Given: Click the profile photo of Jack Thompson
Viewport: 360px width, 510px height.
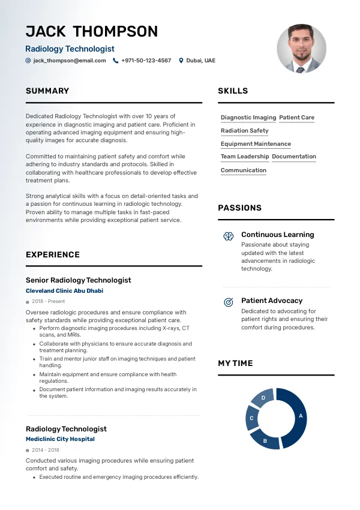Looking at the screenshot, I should [301, 49].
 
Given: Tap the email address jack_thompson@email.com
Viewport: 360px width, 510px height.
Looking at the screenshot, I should [70, 61].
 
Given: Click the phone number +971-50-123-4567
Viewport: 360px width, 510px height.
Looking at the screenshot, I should [146, 61].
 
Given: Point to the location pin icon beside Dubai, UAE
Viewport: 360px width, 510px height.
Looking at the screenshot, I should [181, 61].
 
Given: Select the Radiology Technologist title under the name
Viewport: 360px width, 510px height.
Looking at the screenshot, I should [70, 49].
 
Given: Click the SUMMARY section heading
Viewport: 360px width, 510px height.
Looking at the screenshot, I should [47, 91].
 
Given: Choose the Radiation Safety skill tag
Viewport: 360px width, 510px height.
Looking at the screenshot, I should [244, 131].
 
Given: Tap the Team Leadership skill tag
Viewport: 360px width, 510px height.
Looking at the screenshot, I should [245, 157].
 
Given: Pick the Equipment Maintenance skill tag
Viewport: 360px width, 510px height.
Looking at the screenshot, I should [256, 144].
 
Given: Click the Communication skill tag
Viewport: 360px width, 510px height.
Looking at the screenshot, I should [243, 170].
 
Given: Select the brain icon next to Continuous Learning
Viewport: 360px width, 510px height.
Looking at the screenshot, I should [229, 236].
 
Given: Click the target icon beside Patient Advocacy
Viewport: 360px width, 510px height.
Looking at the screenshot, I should [229, 302].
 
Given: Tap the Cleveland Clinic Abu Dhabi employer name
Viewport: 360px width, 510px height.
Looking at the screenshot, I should [64, 291].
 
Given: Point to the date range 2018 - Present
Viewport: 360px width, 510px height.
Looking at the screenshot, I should [48, 301].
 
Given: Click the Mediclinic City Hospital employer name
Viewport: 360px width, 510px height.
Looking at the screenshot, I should [60, 439].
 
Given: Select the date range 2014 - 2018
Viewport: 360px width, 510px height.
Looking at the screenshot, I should [45, 449].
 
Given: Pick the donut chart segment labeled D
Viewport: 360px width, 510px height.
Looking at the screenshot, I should [262, 397].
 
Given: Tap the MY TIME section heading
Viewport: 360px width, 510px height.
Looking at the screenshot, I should [235, 364].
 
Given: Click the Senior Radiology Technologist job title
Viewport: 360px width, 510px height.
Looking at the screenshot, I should [78, 280].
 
